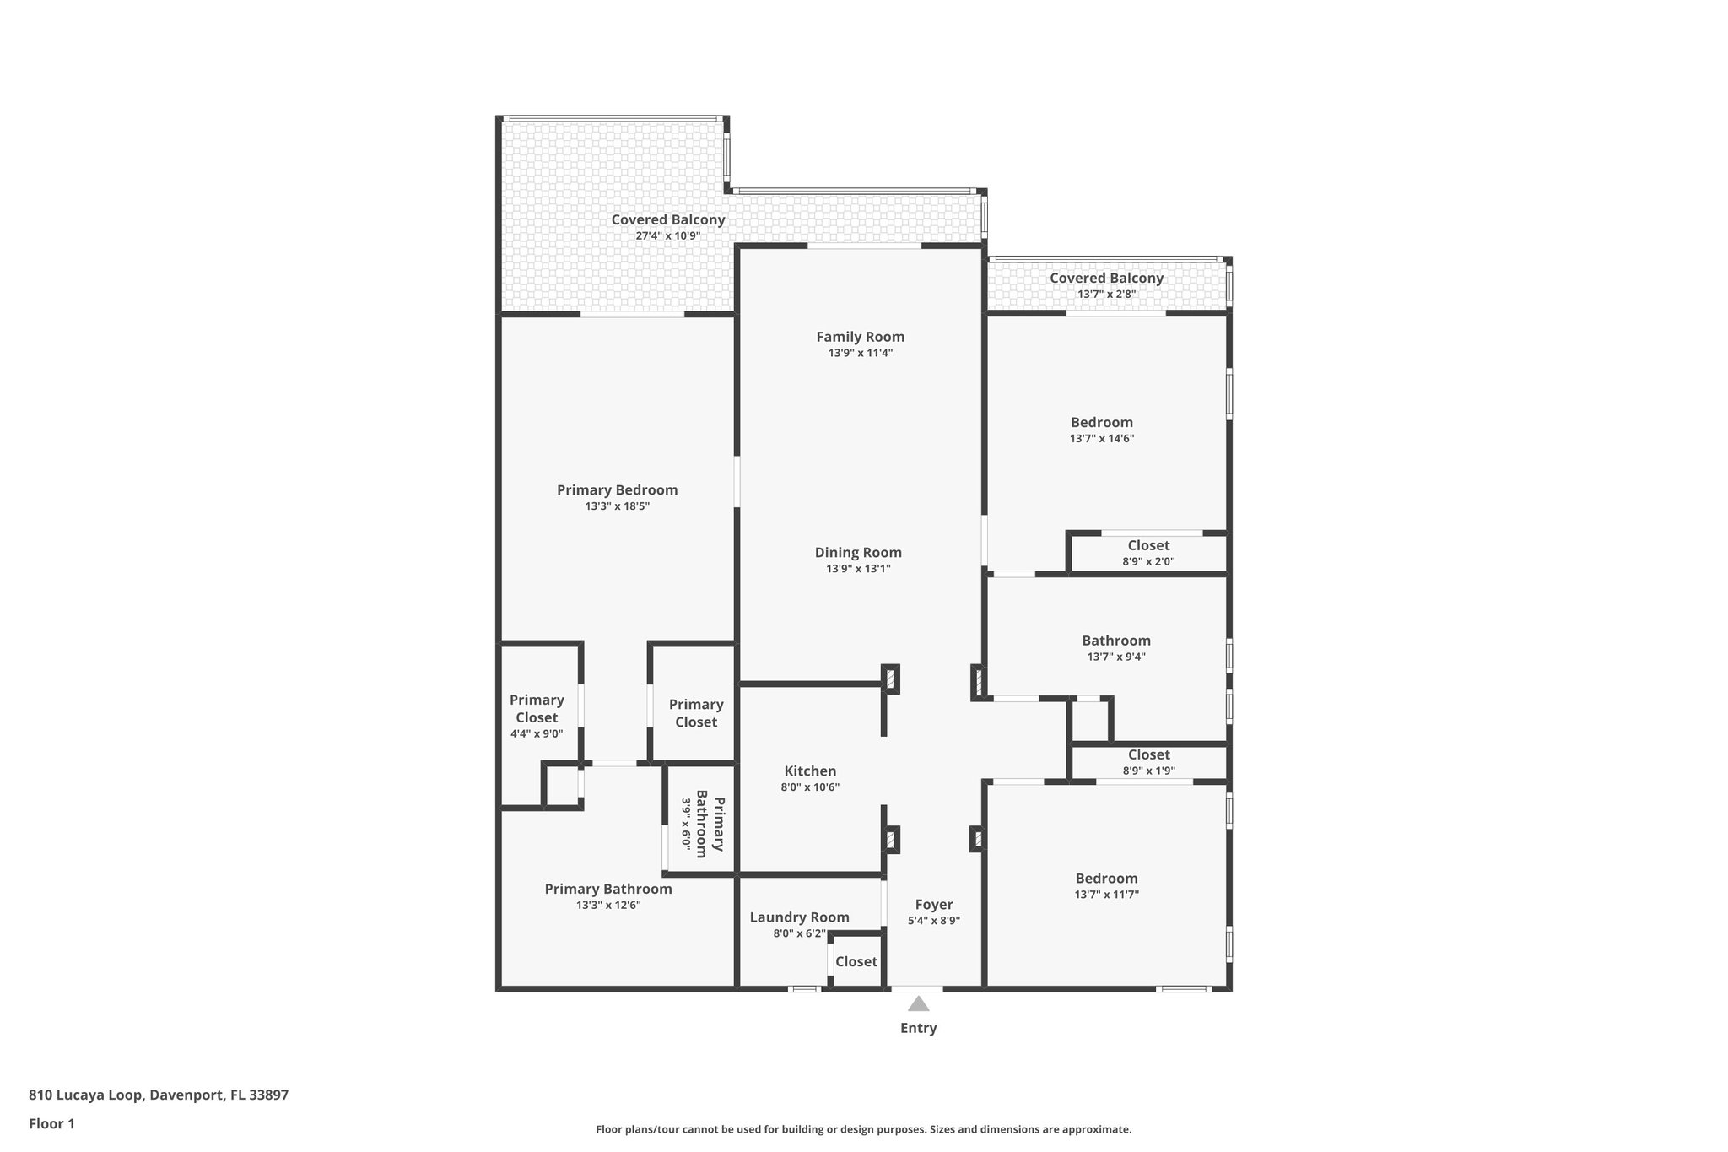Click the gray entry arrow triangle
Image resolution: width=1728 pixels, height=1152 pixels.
coord(918,1004)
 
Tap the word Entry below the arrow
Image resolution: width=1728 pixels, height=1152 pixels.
coord(918,1028)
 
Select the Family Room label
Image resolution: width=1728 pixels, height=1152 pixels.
coord(860,337)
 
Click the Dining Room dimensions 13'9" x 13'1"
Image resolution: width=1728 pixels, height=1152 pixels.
coord(858,569)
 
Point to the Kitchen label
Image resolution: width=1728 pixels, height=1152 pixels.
coord(810,771)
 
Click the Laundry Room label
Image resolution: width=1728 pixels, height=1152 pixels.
coord(799,917)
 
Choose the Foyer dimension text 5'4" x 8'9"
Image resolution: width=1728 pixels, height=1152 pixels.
coord(933,921)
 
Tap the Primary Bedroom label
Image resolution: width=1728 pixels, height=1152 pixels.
coord(617,490)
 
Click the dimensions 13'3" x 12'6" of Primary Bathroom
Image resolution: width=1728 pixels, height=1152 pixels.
coord(608,905)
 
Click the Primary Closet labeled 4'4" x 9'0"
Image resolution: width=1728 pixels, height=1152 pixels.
coord(537,717)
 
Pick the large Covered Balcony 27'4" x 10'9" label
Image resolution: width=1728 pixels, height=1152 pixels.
coord(667,226)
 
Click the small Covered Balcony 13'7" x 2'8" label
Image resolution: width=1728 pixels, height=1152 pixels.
coord(1106,285)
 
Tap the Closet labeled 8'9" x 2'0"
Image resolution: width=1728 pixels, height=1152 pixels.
coord(1148,553)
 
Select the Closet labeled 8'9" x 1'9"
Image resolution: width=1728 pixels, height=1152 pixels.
coord(1148,762)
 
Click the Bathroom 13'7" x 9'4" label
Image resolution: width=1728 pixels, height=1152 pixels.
coord(1115,647)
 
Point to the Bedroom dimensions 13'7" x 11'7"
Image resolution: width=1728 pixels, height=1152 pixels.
coord(1106,895)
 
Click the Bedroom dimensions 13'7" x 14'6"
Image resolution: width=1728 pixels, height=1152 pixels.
coord(1101,439)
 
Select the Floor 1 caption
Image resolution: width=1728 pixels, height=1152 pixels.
coord(51,1123)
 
